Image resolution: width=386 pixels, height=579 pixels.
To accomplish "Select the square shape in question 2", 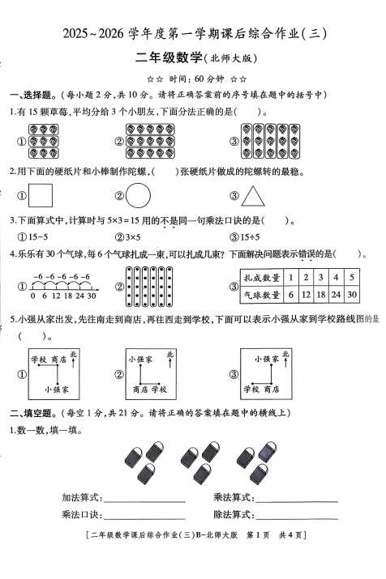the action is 40,195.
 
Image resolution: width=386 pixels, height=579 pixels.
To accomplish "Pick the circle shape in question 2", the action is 139,195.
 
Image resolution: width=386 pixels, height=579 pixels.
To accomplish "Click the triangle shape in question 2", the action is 255,195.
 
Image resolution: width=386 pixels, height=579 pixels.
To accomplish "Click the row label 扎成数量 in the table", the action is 271,277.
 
